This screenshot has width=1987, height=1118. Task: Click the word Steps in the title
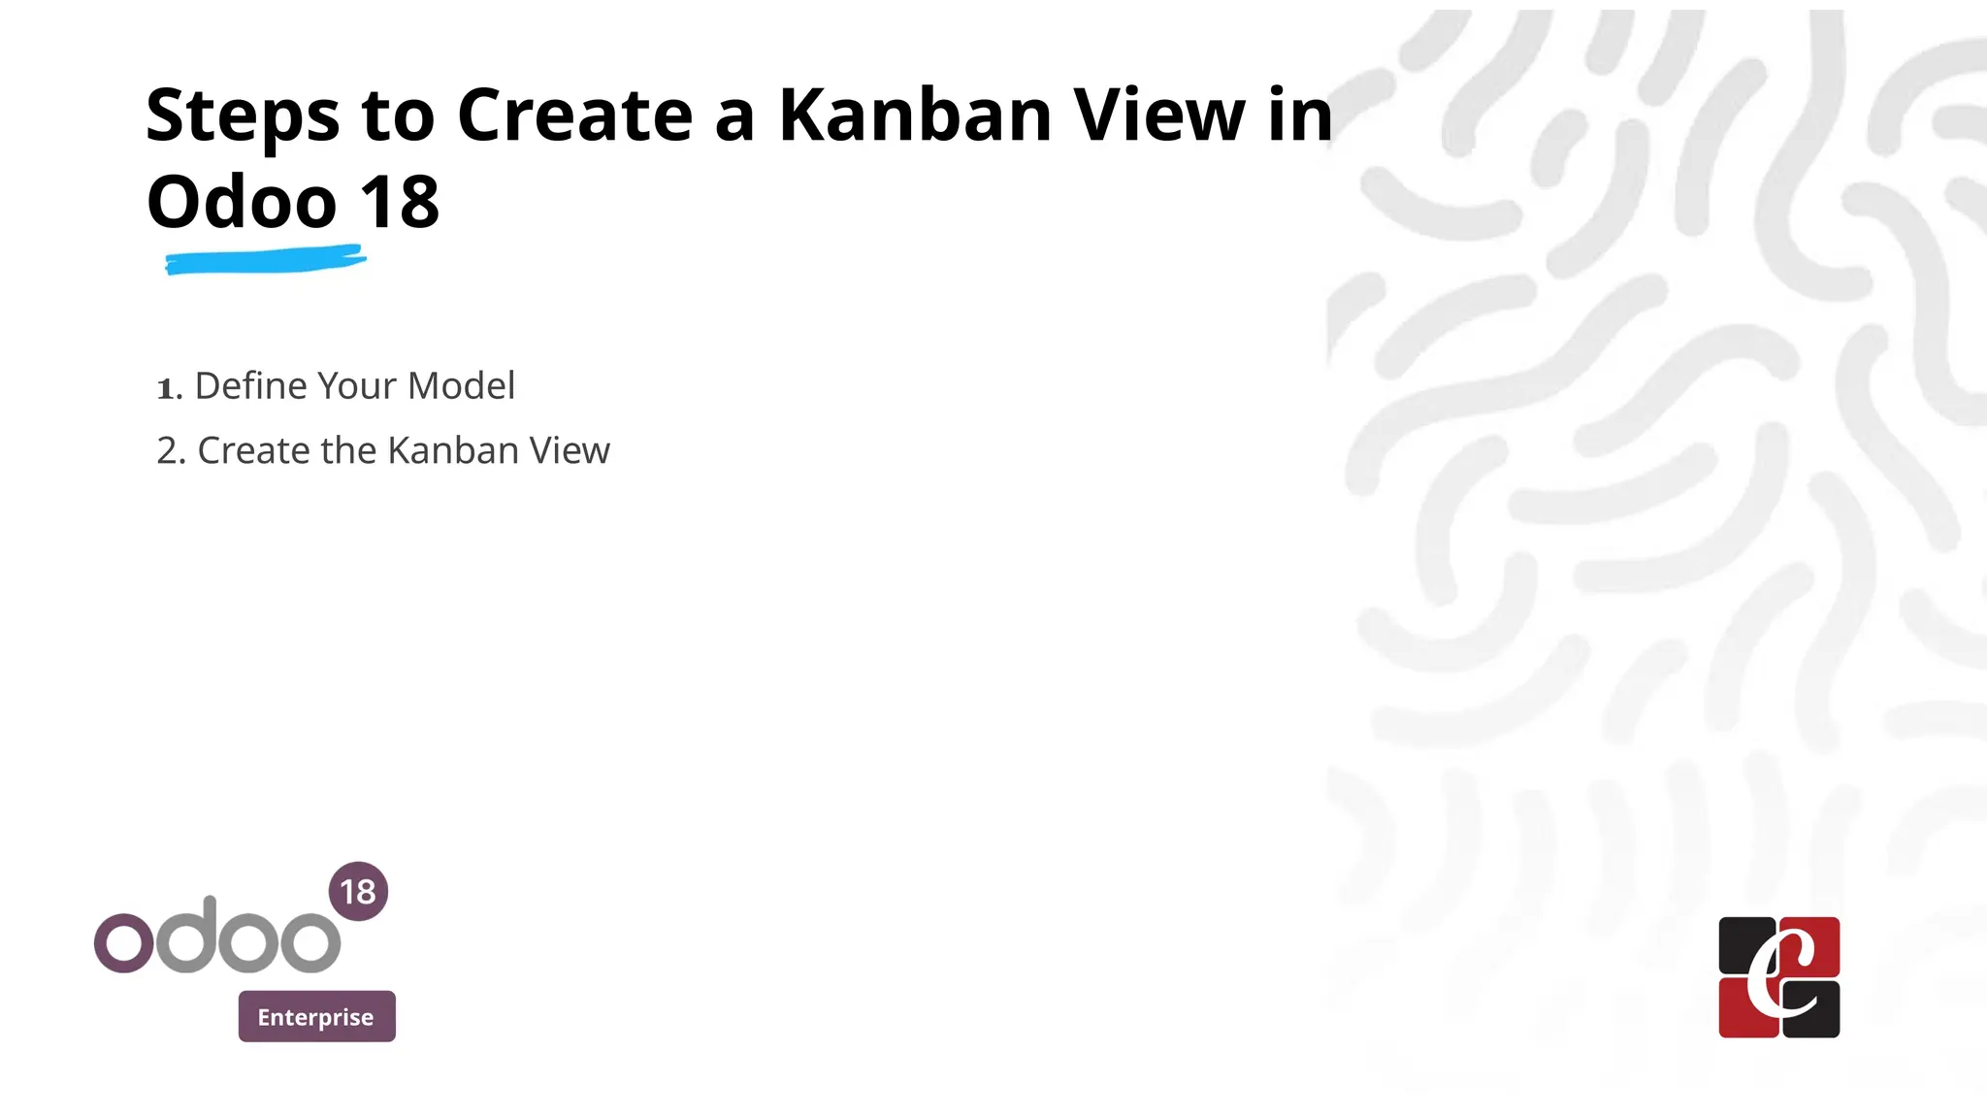243,116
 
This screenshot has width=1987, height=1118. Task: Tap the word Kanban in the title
915,115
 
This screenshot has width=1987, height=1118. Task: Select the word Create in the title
575,115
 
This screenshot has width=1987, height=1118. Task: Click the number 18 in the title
399,203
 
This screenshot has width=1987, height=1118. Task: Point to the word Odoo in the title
242,203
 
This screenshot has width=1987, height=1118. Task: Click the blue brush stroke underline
265,261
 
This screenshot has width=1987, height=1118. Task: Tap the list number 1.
168,388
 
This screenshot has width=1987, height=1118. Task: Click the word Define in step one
250,386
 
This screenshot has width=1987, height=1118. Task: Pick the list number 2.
170,451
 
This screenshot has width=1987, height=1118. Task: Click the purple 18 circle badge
358,891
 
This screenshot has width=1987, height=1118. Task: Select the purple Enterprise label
316,1016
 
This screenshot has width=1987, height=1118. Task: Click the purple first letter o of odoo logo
123,942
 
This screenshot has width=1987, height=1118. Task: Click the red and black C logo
1778,977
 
